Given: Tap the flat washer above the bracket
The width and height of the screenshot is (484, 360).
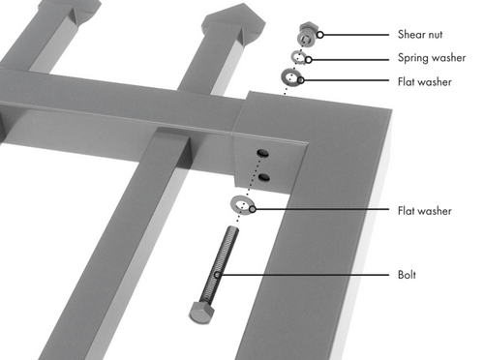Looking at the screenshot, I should coord(291,77).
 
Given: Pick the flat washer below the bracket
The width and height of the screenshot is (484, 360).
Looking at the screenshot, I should coord(241,204).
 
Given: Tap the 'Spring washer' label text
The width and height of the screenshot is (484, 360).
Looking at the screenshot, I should coord(431,57).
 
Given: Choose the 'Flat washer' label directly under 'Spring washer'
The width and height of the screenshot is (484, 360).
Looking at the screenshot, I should coord(425,81).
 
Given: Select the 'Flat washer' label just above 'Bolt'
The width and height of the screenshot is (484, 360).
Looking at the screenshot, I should coord(425,209).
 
